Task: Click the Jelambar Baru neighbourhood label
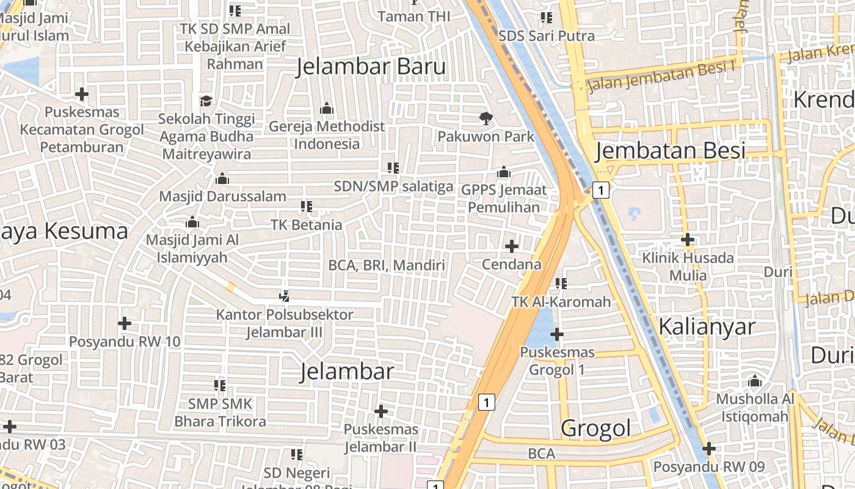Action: [x=371, y=67]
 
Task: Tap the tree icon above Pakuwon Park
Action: [x=486, y=118]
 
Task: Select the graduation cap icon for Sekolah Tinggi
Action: [x=206, y=101]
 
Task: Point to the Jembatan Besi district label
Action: [x=670, y=150]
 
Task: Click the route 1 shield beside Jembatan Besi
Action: [x=602, y=191]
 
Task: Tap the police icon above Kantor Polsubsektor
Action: [x=283, y=296]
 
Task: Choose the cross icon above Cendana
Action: [x=512, y=246]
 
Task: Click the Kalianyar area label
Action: [x=707, y=326]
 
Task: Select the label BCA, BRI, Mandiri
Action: [x=387, y=265]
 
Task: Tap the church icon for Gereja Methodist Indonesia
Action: [x=327, y=109]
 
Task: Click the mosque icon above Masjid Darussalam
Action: [x=222, y=178]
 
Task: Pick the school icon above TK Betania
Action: [x=306, y=207]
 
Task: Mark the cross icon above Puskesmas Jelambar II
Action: [x=381, y=411]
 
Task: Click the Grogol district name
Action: [x=595, y=428]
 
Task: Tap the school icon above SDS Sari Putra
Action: [x=546, y=18]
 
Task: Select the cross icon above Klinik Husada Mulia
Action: [x=688, y=240]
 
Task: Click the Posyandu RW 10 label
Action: [x=125, y=342]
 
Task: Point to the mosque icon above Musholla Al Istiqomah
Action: [x=755, y=382]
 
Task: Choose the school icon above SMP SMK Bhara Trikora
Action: [x=220, y=386]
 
